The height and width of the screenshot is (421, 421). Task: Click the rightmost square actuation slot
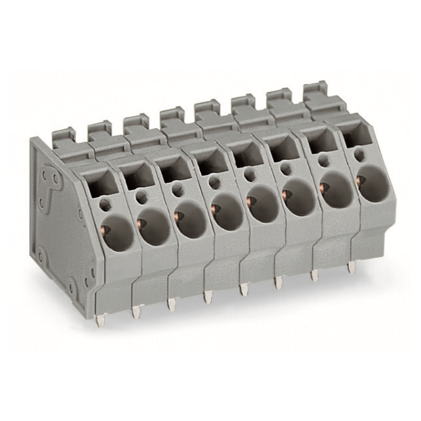(x=354, y=136)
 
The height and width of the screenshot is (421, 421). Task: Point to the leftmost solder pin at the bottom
(x=100, y=320)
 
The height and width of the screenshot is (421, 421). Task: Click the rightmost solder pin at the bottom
(x=350, y=267)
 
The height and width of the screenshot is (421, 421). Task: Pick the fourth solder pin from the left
(x=207, y=297)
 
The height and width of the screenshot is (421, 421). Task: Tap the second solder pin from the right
(x=315, y=275)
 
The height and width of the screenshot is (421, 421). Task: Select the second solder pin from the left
(x=136, y=313)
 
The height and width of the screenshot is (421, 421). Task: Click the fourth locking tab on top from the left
(x=173, y=117)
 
